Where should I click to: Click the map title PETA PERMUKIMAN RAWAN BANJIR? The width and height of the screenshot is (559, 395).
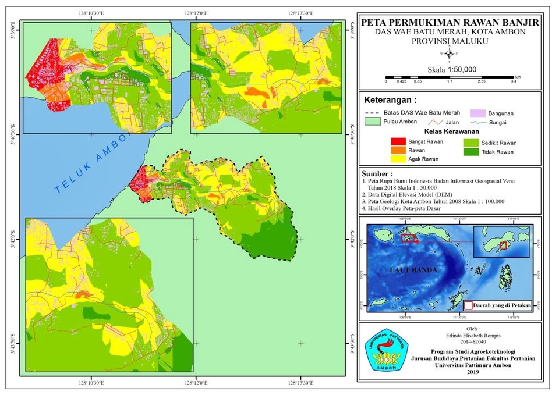[450, 22]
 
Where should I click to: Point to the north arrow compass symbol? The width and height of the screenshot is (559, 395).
[450, 54]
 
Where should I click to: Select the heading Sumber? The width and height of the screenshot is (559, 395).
[377, 173]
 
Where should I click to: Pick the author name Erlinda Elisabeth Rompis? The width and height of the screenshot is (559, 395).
[449, 336]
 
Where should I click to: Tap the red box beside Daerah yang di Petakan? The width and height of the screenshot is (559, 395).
[468, 305]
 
